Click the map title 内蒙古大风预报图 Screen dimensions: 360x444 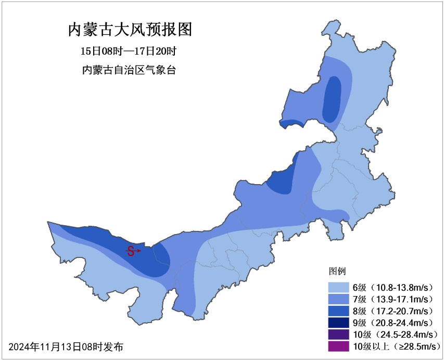tap(130, 29)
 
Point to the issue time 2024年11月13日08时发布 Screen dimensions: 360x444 tap(66, 346)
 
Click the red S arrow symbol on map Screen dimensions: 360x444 tap(133, 251)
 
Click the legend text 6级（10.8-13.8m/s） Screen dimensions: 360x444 tap(394, 287)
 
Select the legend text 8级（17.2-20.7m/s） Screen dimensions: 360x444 tap(394, 311)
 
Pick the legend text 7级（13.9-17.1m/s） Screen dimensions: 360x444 tap(394, 299)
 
